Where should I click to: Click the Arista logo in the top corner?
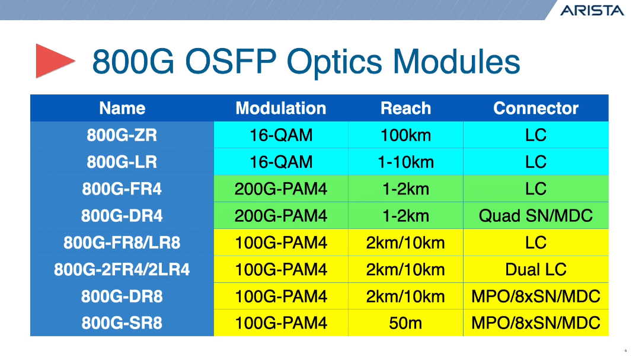click(x=592, y=10)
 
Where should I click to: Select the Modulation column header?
click(x=280, y=109)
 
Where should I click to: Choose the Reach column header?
click(x=405, y=109)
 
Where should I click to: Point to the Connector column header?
click(x=535, y=109)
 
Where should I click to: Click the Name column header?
click(x=122, y=109)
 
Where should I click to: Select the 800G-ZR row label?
click(x=122, y=135)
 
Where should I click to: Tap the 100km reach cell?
click(x=405, y=135)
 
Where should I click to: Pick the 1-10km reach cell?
click(x=405, y=162)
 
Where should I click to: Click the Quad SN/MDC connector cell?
click(x=535, y=216)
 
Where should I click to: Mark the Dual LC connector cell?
click(x=535, y=270)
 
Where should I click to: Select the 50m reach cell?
click(x=405, y=323)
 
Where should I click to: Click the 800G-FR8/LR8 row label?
click(x=122, y=243)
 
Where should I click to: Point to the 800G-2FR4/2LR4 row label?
click(x=122, y=270)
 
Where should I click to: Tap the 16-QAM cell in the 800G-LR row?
click(x=280, y=162)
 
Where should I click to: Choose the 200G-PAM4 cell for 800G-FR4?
click(x=280, y=189)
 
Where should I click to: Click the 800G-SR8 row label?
click(x=122, y=323)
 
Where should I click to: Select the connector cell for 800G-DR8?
click(x=535, y=297)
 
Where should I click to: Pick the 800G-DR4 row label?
click(x=122, y=216)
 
